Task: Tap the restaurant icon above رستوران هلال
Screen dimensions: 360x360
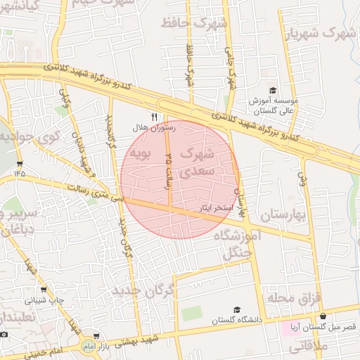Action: pos(155,115)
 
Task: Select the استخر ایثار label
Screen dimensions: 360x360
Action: pos(212,208)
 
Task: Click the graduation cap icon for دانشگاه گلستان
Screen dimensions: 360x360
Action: pos(237,309)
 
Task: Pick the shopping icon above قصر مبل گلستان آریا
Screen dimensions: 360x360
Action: pos(323,316)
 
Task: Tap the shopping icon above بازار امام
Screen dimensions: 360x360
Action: pos(96,337)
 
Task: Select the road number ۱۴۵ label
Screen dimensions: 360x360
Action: pos(18,171)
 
